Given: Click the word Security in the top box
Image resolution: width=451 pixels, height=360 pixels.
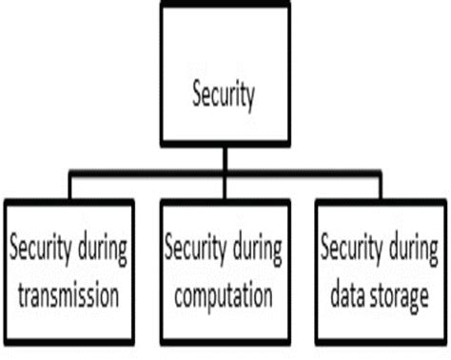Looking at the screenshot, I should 225,96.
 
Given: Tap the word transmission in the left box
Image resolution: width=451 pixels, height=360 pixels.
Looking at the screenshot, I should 64,295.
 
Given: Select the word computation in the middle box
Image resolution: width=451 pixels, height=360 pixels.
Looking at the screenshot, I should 223,295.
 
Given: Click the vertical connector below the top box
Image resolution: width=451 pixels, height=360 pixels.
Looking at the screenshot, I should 225,157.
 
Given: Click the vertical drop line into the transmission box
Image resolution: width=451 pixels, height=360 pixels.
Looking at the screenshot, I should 69,188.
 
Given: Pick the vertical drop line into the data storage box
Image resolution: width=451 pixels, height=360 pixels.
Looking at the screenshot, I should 380,188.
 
